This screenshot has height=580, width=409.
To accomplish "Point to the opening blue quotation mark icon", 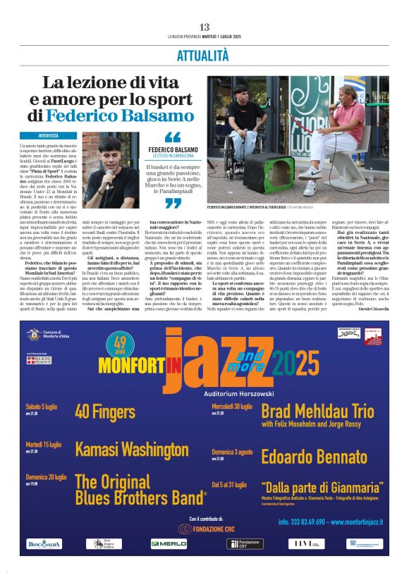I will pos(172,137).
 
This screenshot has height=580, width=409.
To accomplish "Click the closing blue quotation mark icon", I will pos(172,203).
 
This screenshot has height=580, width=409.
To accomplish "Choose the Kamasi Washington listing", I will pos(132,449).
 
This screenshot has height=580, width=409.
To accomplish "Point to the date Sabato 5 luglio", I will pos(42,407).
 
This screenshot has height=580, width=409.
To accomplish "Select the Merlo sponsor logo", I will pos(169,543).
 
